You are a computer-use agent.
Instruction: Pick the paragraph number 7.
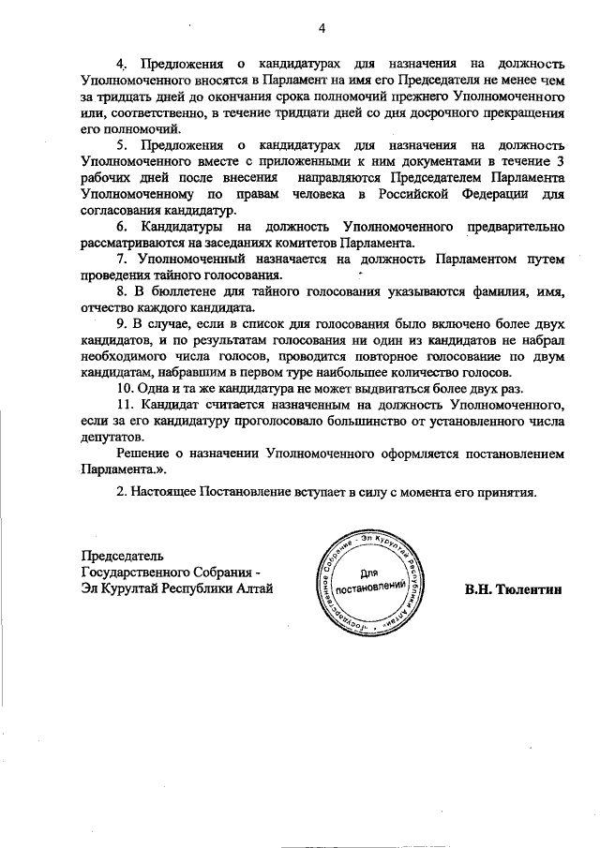coord(121,258)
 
